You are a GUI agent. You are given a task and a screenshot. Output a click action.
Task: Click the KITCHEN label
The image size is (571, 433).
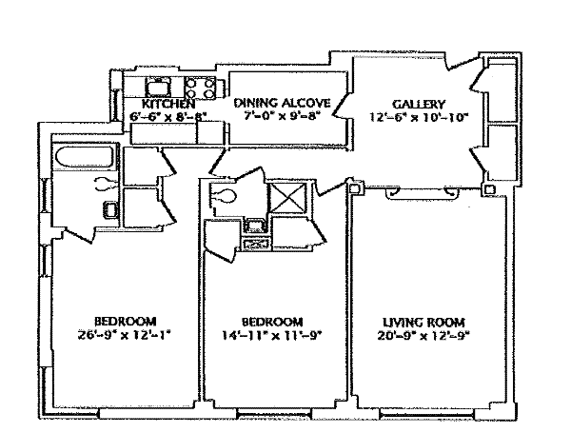[x=167, y=104]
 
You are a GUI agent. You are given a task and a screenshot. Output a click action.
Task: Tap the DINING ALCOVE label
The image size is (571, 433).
[x=282, y=103]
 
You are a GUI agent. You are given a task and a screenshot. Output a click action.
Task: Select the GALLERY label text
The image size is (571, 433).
[x=419, y=104]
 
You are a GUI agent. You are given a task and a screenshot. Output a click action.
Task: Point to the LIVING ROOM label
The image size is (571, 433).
[x=423, y=323]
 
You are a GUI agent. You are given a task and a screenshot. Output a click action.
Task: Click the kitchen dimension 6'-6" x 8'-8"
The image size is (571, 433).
[x=168, y=116]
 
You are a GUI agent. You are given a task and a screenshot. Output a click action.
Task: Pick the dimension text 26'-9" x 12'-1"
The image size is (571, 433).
[x=124, y=334]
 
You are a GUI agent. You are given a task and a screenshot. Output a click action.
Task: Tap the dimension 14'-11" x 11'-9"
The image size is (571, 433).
[x=272, y=335]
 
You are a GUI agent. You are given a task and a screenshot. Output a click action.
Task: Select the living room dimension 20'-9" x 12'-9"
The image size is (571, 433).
[x=422, y=335]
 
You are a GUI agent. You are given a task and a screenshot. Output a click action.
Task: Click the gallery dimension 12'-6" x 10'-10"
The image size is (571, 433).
[x=419, y=117]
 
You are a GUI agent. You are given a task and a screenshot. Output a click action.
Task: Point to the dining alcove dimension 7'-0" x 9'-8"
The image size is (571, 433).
[x=283, y=116]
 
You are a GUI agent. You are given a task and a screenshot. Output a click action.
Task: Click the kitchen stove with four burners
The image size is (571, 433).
[x=200, y=89]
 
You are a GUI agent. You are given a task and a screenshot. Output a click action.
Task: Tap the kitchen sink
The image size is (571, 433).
[x=158, y=88]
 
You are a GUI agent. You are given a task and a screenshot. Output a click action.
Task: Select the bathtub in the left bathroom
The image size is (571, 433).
[x=86, y=157]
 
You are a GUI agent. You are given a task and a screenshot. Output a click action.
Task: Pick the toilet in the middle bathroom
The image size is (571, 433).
[x=223, y=196]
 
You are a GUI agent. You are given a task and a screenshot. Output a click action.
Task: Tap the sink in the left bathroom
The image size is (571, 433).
[x=110, y=209]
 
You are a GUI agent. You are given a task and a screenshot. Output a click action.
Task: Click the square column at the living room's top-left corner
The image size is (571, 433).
[x=355, y=187]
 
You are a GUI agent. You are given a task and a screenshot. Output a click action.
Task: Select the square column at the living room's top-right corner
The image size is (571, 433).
[x=489, y=189]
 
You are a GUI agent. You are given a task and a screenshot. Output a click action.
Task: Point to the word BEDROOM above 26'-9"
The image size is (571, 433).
[x=126, y=322]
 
